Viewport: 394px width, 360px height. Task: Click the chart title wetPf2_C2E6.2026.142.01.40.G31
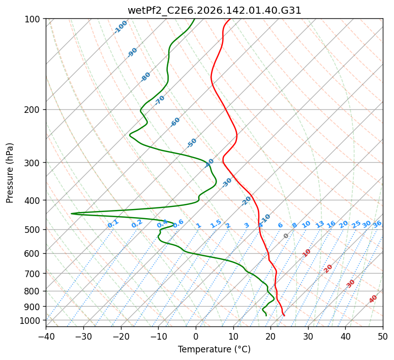coord(215,11)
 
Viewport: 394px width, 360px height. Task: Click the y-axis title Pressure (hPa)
coord(10,173)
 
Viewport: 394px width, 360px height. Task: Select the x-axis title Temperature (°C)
coord(215,349)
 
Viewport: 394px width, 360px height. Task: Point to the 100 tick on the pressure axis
coord(32,19)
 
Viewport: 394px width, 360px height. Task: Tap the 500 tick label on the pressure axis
coord(32,230)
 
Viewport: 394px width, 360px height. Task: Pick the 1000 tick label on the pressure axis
coord(29,321)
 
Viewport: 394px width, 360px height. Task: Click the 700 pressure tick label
coord(32,274)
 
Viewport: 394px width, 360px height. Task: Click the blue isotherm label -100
coord(120,27)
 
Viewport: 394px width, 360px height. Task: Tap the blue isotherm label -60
coord(175,122)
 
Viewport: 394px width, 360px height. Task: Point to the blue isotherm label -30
coord(227,183)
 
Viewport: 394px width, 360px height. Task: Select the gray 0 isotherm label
coord(286,236)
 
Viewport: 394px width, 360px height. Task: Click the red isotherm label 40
coord(373,299)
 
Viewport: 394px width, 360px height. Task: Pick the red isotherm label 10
coord(307,253)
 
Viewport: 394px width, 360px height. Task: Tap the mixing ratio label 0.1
coord(113,224)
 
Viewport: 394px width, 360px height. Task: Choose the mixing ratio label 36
coord(377,224)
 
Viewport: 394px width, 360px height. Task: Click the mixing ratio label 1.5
coord(216,224)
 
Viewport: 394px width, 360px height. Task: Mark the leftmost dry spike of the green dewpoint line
coord(71,214)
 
